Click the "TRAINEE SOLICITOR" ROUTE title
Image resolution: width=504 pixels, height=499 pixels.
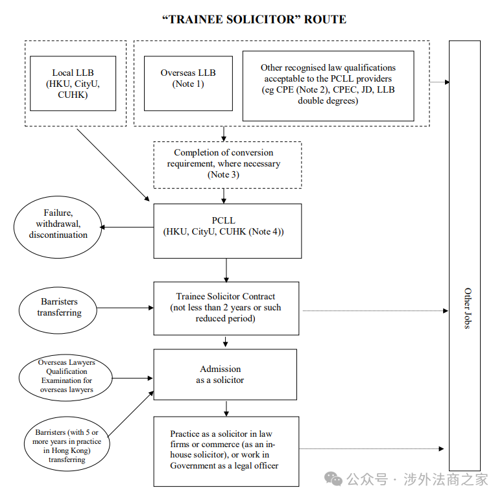point(254,19)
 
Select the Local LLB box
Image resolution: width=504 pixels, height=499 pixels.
point(73,84)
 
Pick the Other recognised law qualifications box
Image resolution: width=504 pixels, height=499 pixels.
point(328,84)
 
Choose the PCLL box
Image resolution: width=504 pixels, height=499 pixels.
point(227,230)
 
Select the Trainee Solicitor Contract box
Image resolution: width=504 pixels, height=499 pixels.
point(226,307)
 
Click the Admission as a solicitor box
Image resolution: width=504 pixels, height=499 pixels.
point(224,374)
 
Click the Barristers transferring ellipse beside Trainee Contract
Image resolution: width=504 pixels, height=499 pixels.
point(59,307)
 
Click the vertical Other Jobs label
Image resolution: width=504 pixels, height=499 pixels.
point(466,308)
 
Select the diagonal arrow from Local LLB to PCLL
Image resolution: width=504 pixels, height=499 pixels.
point(114,165)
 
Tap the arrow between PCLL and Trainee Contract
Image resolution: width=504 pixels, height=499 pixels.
point(226,269)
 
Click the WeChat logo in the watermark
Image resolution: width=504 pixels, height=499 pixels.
point(334,479)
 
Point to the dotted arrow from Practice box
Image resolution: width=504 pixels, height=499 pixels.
point(372,448)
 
